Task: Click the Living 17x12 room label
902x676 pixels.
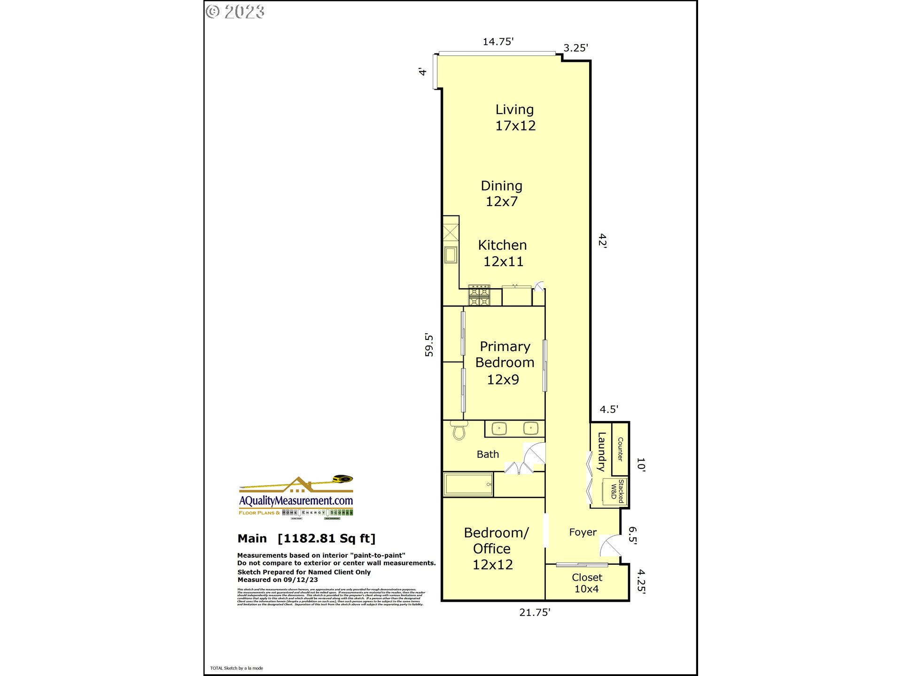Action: pyautogui.click(x=515, y=117)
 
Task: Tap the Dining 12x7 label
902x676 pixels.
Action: pyautogui.click(x=501, y=193)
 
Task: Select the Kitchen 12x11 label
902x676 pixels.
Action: pyautogui.click(x=502, y=253)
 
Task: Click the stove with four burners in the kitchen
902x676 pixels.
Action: pyautogui.click(x=479, y=296)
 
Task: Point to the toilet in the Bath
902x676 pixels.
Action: pyautogui.click(x=459, y=430)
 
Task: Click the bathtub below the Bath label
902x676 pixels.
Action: pyautogui.click(x=468, y=484)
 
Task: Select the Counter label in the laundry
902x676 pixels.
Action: pyautogui.click(x=620, y=449)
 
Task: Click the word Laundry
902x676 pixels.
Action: pyautogui.click(x=601, y=452)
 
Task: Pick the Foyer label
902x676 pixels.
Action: pyautogui.click(x=583, y=532)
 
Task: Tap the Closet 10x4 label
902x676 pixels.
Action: pyautogui.click(x=586, y=583)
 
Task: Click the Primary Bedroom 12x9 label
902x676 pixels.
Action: pyautogui.click(x=504, y=363)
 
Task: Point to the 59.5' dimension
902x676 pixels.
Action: pyautogui.click(x=429, y=345)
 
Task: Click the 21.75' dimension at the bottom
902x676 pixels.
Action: pyautogui.click(x=534, y=612)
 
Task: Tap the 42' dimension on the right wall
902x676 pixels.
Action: pyautogui.click(x=602, y=240)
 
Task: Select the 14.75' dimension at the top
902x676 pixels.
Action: pyautogui.click(x=498, y=41)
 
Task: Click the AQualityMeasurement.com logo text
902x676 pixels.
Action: pyautogui.click(x=296, y=500)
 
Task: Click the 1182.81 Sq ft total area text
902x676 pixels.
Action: pyautogui.click(x=327, y=538)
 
